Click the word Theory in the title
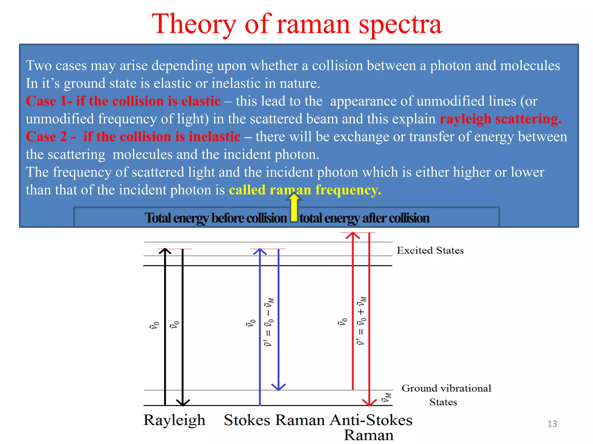click(194, 25)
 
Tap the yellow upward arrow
click(294, 207)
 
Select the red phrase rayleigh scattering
click(500, 119)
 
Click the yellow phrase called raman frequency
click(305, 190)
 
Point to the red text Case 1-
click(49, 101)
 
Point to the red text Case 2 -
click(51, 136)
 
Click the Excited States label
click(430, 250)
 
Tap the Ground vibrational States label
click(446, 395)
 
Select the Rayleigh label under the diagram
click(174, 420)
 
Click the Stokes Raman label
click(274, 420)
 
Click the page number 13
click(552, 424)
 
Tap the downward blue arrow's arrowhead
click(278, 387)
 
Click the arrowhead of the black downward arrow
click(183, 403)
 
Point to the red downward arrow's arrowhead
click(369, 402)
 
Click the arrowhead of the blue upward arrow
click(260, 251)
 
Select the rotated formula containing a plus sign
click(361, 321)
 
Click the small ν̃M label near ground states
click(386, 398)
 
